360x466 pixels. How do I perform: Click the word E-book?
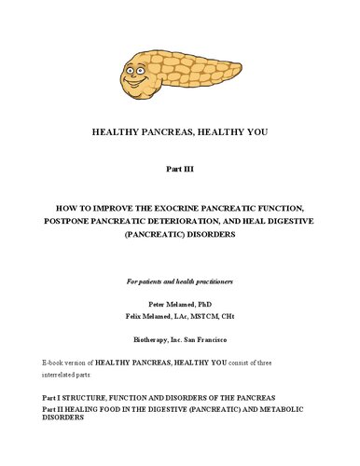click(56, 362)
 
